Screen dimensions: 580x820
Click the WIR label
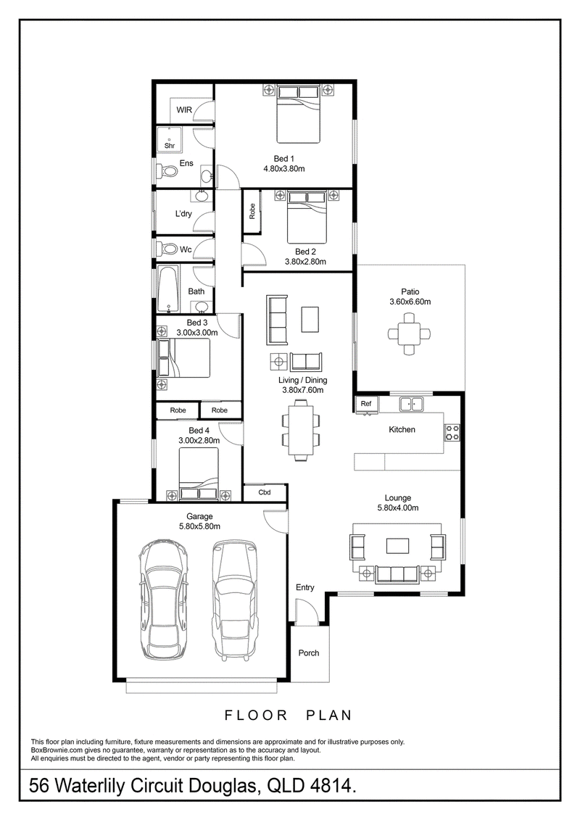[x=184, y=109]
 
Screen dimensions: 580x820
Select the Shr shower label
[x=170, y=146]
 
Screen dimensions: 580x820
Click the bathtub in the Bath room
[x=168, y=289]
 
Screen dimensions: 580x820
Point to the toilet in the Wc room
[x=168, y=249]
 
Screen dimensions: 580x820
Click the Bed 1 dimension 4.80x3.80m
[x=284, y=169]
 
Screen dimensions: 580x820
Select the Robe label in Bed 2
[x=252, y=211]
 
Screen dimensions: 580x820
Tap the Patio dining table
[x=410, y=333]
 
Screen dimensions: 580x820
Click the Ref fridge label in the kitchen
[x=366, y=404]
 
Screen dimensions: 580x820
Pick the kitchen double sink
[x=412, y=404]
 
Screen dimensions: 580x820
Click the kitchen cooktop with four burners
[x=452, y=432]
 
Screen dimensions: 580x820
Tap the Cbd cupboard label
[x=265, y=492]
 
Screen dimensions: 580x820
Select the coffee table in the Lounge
[x=397, y=545]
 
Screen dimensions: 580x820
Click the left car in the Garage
[x=164, y=600]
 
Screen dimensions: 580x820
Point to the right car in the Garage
[x=235, y=600]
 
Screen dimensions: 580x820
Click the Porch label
[x=309, y=653]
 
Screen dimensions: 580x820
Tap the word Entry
[x=305, y=587]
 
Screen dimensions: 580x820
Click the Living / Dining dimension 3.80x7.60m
[x=303, y=390]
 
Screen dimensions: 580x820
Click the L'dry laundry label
[x=183, y=213]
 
